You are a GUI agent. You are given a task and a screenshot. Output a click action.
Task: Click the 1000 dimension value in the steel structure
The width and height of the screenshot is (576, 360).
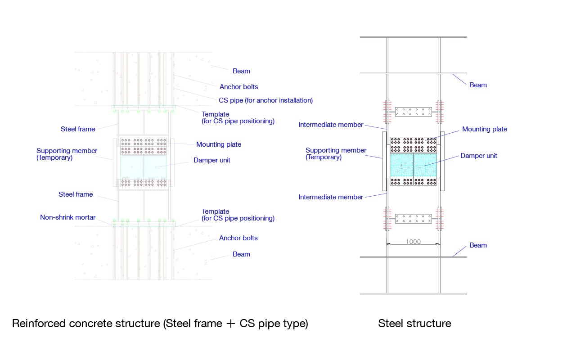(413, 242)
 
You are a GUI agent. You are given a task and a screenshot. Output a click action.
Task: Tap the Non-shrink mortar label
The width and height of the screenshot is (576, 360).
(67, 217)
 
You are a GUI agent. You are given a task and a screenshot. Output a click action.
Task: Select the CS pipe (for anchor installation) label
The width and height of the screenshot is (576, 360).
(265, 100)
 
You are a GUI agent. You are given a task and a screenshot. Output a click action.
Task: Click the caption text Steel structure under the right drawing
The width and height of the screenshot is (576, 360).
(414, 323)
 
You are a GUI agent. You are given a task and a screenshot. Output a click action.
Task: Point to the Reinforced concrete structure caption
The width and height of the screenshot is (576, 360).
(160, 323)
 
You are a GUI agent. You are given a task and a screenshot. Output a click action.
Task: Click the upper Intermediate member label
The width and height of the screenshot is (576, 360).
(331, 125)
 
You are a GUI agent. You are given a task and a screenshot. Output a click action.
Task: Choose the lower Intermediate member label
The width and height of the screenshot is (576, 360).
(331, 197)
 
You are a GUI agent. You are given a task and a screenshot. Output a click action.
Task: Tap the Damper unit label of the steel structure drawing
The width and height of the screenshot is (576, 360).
(479, 156)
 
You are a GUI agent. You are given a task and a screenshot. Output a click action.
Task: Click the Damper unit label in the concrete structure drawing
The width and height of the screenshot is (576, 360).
(212, 160)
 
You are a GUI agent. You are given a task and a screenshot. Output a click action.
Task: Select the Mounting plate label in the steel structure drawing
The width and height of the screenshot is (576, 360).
(485, 129)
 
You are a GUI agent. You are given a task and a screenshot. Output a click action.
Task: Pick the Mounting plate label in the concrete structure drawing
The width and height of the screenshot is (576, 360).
(219, 144)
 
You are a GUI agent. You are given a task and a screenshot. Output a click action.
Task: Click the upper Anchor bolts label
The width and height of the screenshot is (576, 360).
(239, 87)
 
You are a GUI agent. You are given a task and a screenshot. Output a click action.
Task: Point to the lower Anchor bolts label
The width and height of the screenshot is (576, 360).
(238, 238)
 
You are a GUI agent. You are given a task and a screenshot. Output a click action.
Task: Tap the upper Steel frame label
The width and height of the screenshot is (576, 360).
(78, 129)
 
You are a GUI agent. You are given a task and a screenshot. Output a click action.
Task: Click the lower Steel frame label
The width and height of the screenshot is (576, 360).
(76, 194)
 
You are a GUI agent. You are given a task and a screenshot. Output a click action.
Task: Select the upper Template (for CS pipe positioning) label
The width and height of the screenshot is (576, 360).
(238, 117)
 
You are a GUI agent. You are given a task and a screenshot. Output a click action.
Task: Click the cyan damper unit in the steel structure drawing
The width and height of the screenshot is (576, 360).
(413, 165)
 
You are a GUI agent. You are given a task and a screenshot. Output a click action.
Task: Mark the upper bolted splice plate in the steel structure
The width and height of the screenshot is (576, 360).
(413, 112)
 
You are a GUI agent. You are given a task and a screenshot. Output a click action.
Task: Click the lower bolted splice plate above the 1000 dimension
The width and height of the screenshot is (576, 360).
(413, 219)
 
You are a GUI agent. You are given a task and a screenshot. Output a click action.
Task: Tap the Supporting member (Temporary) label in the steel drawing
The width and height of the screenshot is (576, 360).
(336, 153)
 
